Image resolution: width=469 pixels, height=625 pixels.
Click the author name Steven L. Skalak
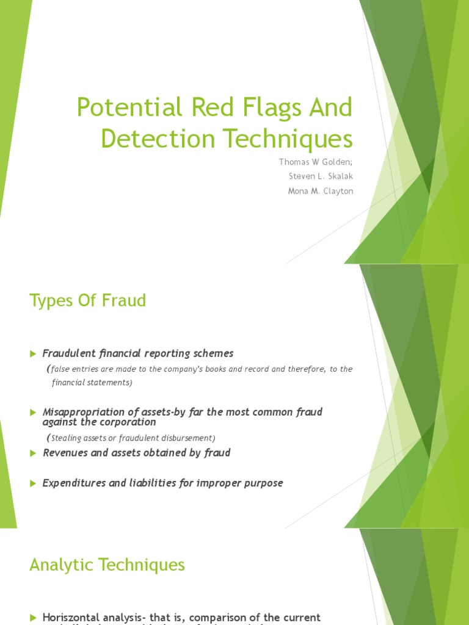320,176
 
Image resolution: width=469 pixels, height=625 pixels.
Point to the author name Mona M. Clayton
320,191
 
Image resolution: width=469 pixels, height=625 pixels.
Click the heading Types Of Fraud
88,301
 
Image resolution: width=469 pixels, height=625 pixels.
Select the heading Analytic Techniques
107,565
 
